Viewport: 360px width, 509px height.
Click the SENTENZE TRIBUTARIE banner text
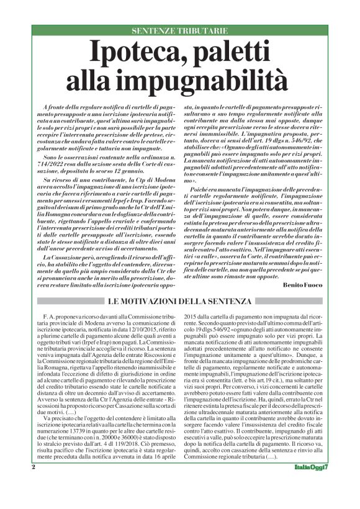coord(179,30)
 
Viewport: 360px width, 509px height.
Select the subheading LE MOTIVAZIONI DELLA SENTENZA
coord(179,302)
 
